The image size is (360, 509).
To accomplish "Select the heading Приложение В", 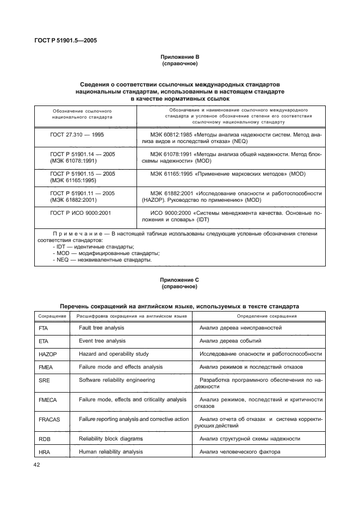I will click(179, 57).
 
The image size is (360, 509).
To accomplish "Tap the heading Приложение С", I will click(179, 280).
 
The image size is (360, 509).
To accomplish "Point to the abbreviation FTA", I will click(44, 329).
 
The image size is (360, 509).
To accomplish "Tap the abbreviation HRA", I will click(45, 452).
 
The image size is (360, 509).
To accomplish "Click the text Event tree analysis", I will click(102, 341).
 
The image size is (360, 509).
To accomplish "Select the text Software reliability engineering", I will click(117, 380).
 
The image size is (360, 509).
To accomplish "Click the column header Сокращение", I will click(52, 316).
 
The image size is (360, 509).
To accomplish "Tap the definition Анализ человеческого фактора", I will click(240, 452).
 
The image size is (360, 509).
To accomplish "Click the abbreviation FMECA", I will click(48, 400).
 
